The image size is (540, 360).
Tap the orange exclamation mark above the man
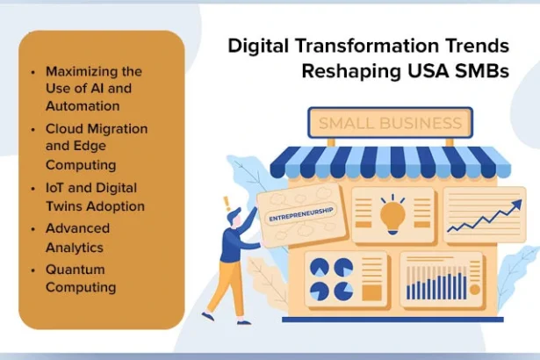[x=226, y=201]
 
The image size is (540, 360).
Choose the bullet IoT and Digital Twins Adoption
[x=94, y=198]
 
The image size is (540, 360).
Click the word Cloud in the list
[x=63, y=129]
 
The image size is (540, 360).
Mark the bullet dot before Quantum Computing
[x=32, y=270]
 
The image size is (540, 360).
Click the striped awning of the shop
[x=390, y=163]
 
